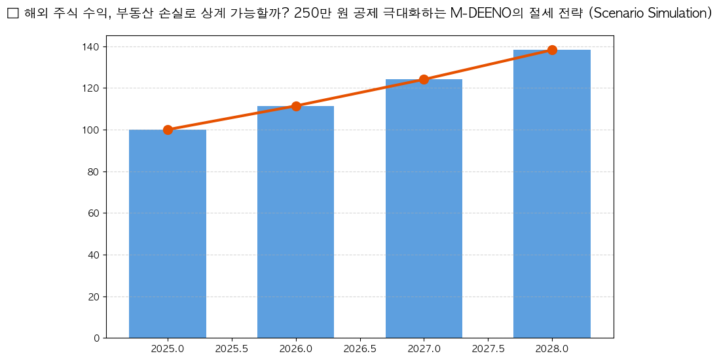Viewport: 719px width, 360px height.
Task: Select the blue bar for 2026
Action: coord(295,222)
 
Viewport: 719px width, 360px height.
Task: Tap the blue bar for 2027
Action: coord(424,209)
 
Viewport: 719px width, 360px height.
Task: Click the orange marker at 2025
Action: coord(168,130)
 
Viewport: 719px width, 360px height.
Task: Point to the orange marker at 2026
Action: coord(296,106)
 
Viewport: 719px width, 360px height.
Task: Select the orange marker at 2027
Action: coord(424,79)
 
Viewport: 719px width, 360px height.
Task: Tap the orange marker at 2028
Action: coord(552,50)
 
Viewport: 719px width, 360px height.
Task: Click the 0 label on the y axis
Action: coord(96,338)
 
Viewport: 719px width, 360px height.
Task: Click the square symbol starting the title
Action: coord(12,14)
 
